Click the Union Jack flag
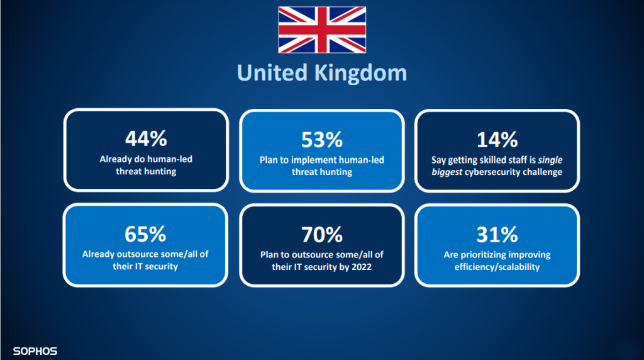coord(322,30)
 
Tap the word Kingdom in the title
coord(360,73)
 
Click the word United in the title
coord(272,73)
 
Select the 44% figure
coord(146,138)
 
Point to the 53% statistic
coord(322,140)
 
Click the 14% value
coord(497,140)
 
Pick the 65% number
coord(145,234)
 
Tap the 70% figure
coord(322,235)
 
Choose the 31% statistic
coord(497,235)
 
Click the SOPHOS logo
coord(35,351)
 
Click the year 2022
coord(362,267)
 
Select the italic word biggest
coord(447,172)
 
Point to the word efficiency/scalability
coord(497,267)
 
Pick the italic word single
coord(550,160)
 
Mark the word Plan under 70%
coord(269,255)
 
